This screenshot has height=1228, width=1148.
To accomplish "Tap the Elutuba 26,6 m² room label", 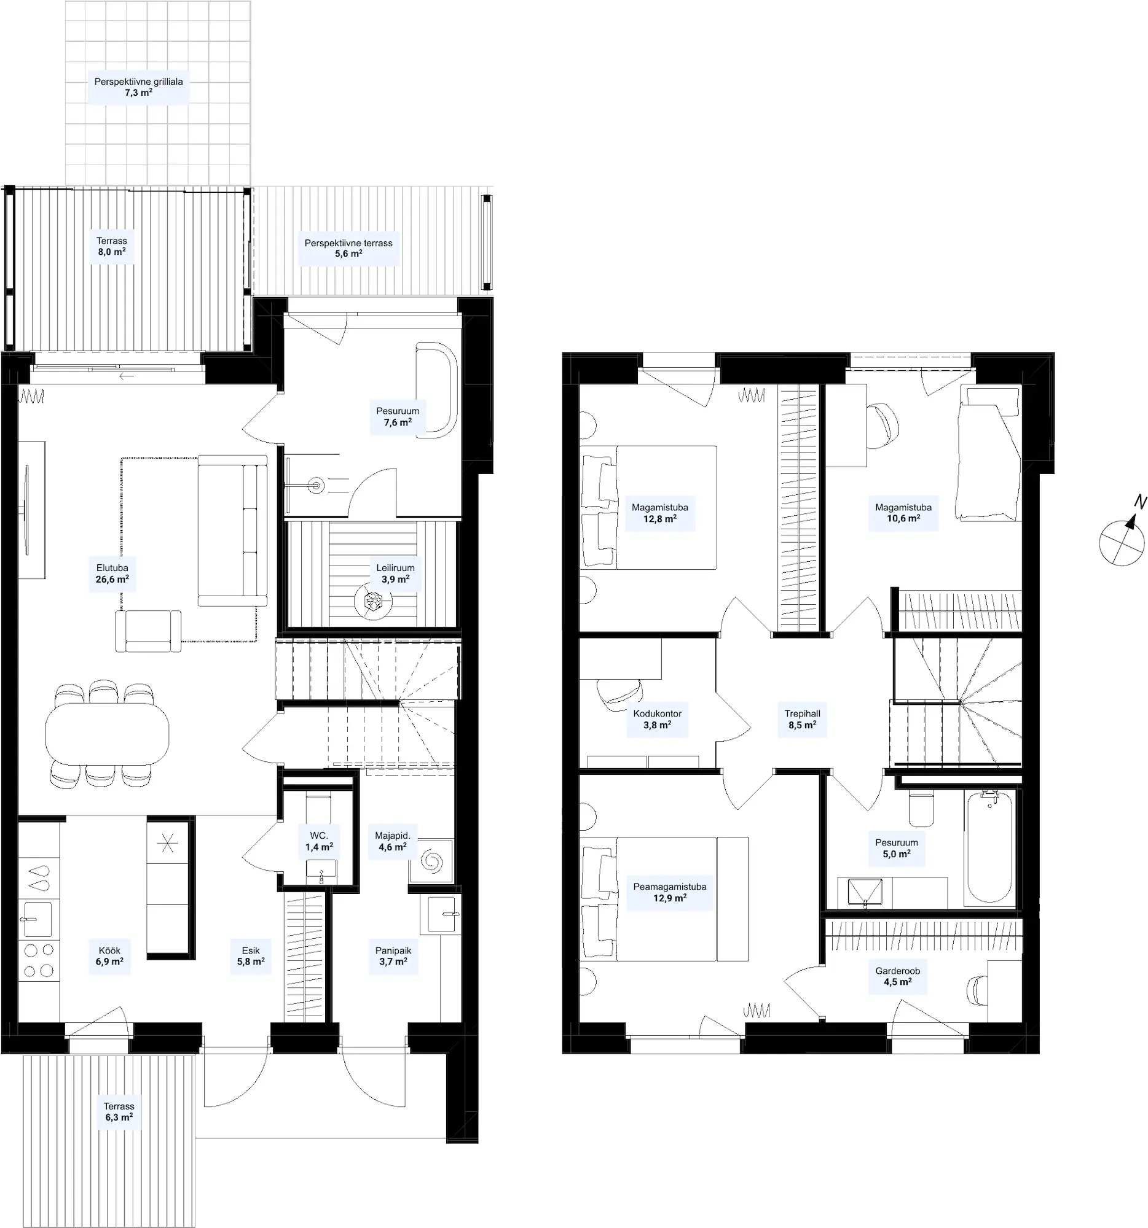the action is [x=112, y=574].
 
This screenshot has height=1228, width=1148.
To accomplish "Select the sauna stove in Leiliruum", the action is [x=373, y=601].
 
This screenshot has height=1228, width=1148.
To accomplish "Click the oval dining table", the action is [x=107, y=735].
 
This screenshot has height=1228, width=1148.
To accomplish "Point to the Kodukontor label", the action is [x=657, y=713].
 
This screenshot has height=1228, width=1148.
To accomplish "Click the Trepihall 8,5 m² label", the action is [x=803, y=720].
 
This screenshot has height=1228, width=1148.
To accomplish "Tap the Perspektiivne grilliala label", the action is [x=138, y=82].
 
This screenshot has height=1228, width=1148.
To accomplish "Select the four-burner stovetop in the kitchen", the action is [x=38, y=960].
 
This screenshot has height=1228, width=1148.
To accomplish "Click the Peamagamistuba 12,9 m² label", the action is [x=669, y=893].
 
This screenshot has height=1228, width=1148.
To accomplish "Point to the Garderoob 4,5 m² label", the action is [x=898, y=977].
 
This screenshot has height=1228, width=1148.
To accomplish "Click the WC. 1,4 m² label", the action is [x=319, y=841].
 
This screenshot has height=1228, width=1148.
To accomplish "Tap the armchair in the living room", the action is [x=148, y=631].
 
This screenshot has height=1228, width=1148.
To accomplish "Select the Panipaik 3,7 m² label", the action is [x=393, y=956].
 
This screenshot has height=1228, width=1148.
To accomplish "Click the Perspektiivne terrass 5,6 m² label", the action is [x=348, y=248].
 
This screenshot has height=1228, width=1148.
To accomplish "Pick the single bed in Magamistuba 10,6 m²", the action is [x=988, y=453].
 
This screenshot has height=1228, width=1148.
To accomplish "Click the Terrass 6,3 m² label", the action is [x=119, y=1112].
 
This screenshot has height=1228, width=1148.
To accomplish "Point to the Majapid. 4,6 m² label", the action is [x=393, y=841].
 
